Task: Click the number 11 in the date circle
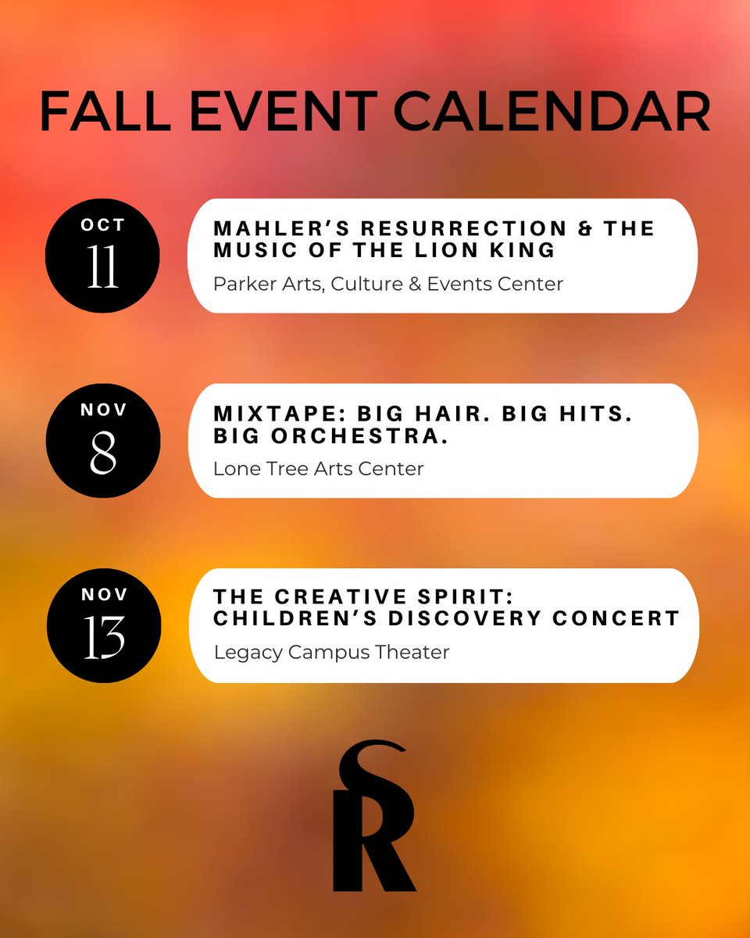pyautogui.click(x=103, y=270)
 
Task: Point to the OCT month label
pyautogui.click(x=103, y=226)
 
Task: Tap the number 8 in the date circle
pyautogui.click(x=103, y=454)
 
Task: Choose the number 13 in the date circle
pyautogui.click(x=103, y=639)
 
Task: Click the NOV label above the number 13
pyautogui.click(x=103, y=595)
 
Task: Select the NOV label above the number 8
pyautogui.click(x=103, y=410)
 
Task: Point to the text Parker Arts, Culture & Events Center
pyautogui.click(x=388, y=284)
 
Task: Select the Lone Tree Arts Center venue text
pyautogui.click(x=319, y=469)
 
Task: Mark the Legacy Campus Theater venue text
pyautogui.click(x=331, y=652)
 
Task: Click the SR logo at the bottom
pyautogui.click(x=373, y=817)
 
